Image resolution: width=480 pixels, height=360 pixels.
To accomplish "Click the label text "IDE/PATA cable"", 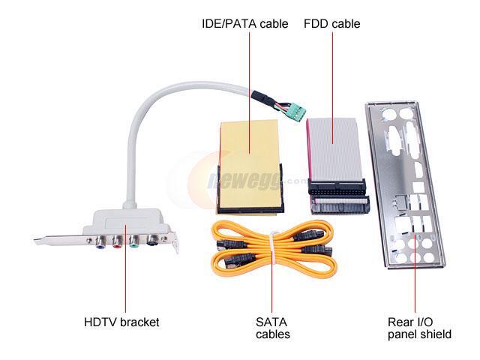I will click(244, 24).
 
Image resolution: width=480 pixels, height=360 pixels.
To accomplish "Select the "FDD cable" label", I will click(331, 24).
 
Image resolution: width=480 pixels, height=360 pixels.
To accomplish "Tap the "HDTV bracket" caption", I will click(121, 322).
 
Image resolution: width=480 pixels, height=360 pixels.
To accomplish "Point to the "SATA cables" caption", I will click(272, 328).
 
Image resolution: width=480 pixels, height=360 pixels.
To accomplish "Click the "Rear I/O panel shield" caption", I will click(419, 328).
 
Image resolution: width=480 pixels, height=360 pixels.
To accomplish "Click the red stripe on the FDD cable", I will click(310, 146).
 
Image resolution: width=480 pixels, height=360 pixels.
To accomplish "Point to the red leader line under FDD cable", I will click(331, 75).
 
